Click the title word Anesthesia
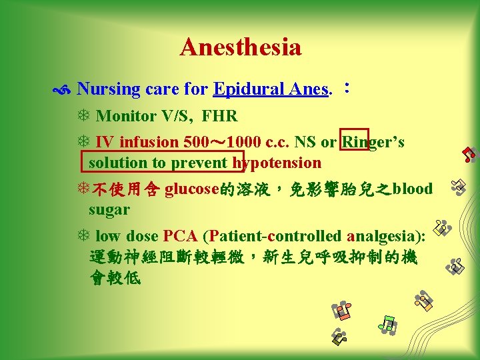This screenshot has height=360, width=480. point(240,47)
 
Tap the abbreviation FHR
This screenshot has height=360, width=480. point(219,116)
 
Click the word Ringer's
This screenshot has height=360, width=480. point(373,142)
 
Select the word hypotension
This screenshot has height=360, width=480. point(277,163)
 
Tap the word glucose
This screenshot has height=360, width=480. point(192,189)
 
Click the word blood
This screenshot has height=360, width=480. point(413,189)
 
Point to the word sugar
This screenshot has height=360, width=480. point(109,209)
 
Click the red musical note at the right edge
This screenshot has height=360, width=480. point(469,155)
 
